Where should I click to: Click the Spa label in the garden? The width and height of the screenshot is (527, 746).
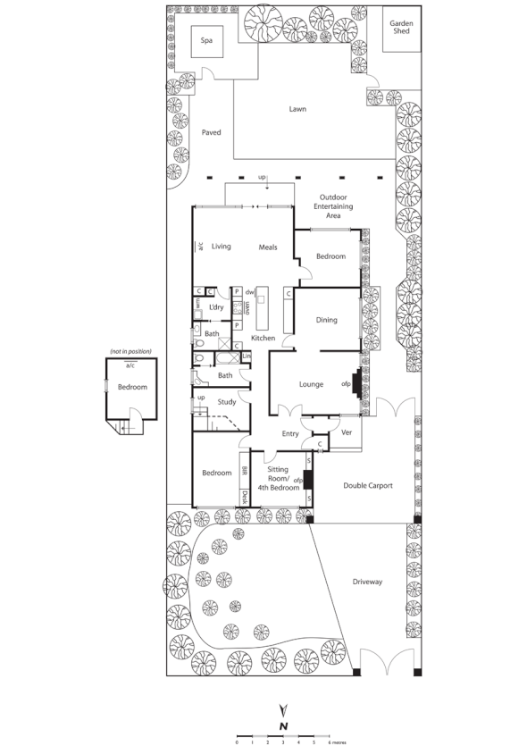tap(207, 40)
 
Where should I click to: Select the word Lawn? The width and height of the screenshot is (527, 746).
tap(297, 109)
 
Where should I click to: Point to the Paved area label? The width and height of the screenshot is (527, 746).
tap(211, 132)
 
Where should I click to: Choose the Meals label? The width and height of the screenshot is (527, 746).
tap(268, 247)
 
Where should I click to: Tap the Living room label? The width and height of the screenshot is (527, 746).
tap(222, 247)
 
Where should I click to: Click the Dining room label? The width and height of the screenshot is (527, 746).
tap(327, 319)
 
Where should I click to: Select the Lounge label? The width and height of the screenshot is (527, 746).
tap(311, 384)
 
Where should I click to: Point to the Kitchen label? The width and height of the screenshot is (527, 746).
tap(263, 338)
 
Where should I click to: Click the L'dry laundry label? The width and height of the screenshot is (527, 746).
tap(216, 307)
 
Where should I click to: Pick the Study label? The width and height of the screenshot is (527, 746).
tap(227, 402)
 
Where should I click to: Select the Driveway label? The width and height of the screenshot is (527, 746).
tap(366, 582)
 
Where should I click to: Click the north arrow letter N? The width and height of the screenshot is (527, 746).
tap(282, 725)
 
